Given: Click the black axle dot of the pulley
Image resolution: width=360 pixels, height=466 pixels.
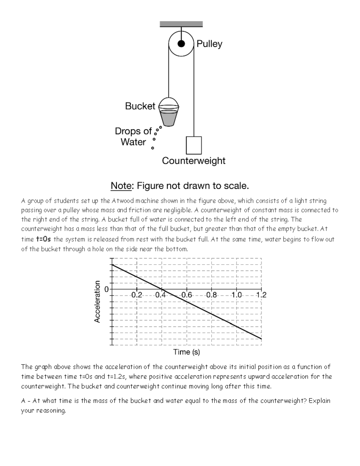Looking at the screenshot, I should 181,44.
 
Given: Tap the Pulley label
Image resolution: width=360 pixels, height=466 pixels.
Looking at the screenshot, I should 209,44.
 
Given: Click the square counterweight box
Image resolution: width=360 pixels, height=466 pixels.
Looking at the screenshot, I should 194,145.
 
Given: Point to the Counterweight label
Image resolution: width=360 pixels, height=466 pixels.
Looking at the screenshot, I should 193,161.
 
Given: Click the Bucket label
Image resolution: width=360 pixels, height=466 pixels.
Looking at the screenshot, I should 140,106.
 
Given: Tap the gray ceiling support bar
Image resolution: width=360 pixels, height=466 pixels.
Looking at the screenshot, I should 181,24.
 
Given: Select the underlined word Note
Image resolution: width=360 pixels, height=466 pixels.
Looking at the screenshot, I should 121,186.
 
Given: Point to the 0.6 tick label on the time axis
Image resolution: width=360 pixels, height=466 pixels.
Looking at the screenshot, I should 186,295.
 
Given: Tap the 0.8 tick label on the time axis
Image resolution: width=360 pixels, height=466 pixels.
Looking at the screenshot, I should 211,295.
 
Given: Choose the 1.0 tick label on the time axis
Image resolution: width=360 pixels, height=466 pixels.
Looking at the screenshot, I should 236,295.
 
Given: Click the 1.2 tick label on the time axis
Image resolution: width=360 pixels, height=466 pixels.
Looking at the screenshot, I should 261,295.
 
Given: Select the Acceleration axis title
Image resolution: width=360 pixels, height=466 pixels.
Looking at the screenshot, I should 97,302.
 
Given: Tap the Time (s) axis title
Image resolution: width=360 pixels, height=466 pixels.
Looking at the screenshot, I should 186,352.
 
